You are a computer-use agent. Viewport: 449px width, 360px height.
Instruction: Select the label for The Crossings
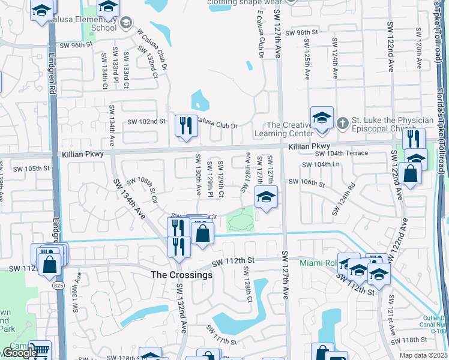181,275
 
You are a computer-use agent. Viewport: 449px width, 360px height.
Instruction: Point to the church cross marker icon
342,123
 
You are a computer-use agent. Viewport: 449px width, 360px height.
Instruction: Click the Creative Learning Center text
291,129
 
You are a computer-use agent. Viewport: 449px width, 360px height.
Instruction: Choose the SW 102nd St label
146,121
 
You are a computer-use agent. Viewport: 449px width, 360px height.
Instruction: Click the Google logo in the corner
19,353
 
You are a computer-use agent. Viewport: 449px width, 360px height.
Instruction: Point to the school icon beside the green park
265,197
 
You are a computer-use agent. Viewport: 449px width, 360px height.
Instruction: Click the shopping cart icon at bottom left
39,350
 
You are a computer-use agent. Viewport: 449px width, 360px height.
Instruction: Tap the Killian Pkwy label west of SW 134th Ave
82,154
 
